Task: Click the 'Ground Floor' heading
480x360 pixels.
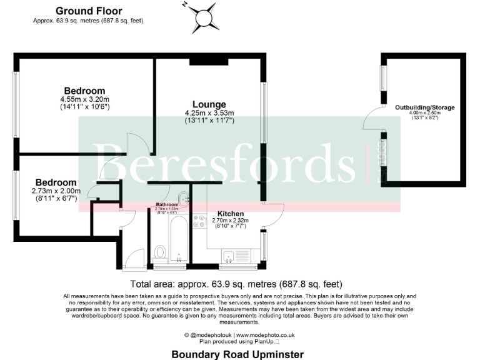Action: (89, 11)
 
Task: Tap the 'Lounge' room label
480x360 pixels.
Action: (209, 104)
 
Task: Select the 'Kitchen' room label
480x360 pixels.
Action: (231, 213)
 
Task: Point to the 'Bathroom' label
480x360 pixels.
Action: (167, 204)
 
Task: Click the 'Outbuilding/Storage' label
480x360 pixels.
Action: (424, 107)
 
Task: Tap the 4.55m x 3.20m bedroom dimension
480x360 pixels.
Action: (85, 99)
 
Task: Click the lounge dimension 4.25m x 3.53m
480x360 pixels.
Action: (209, 112)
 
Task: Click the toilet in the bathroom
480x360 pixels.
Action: (160, 252)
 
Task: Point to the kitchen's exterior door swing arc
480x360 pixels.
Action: (276, 216)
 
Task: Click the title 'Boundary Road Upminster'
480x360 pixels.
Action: (237, 354)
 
